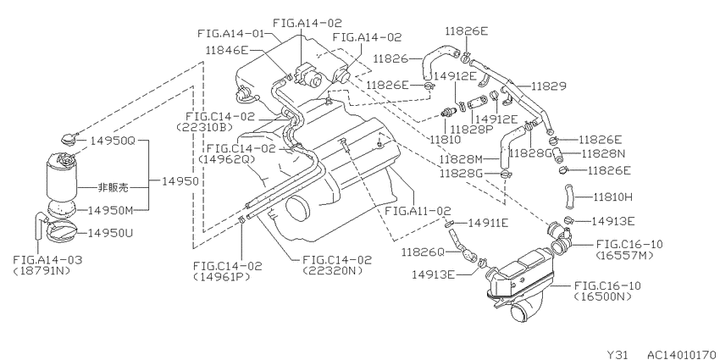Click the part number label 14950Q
coord(112,141)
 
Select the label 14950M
coord(110,210)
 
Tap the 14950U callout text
coord(110,233)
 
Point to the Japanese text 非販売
coord(113,187)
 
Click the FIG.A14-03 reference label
coord(47,260)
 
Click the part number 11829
coord(549,86)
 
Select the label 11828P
coord(471,129)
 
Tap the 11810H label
coord(612,197)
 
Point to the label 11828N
coord(604,153)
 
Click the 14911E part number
coord(488,223)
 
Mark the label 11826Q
coord(423,252)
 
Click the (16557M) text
coord(623,255)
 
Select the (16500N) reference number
coord(602,296)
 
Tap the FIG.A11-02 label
coord(418,211)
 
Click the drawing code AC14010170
coord(684,354)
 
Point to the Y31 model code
coord(618,354)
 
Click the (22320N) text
coord(332,271)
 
